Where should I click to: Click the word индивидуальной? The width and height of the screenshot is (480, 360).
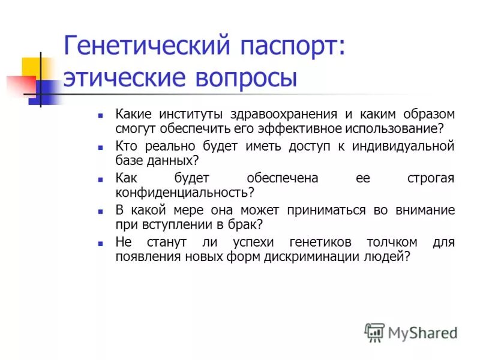[x=404, y=146]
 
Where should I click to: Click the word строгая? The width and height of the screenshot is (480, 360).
[x=430, y=178]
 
